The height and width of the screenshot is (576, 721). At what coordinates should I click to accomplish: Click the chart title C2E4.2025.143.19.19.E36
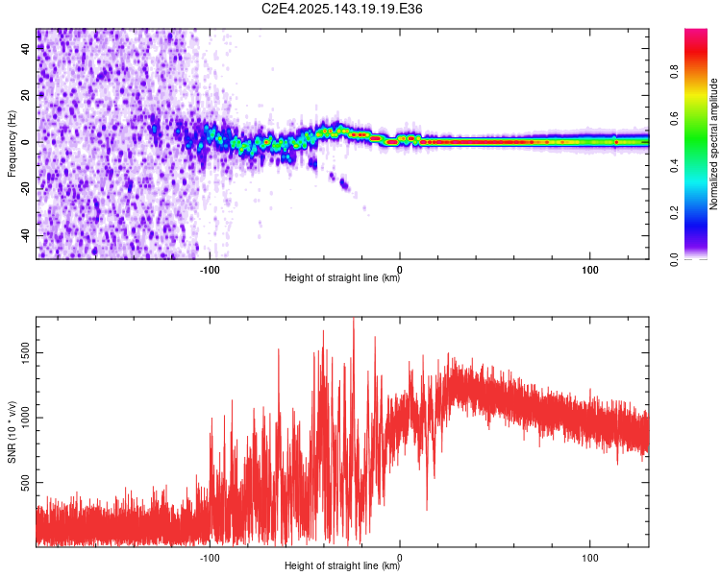point(341,9)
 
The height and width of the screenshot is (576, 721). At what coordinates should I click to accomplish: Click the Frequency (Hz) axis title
point(12,144)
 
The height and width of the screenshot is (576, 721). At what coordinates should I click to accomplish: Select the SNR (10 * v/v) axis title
point(12,432)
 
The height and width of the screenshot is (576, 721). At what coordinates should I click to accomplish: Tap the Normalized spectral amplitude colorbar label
point(713,144)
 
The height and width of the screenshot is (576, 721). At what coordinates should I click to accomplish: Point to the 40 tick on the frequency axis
point(26,48)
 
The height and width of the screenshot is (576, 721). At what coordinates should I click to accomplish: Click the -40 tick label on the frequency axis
point(26,236)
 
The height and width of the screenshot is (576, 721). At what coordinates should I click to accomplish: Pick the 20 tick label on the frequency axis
point(26,95)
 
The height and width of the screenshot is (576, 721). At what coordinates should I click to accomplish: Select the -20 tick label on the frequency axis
point(26,189)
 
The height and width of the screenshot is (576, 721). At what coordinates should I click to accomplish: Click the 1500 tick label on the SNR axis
point(26,352)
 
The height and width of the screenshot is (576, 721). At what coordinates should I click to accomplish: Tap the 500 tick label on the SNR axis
point(26,482)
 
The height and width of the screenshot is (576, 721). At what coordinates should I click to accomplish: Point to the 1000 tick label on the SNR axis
point(26,418)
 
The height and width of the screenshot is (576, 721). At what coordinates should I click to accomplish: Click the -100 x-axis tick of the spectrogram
point(210,270)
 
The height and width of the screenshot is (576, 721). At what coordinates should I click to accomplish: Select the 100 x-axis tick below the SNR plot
point(590,558)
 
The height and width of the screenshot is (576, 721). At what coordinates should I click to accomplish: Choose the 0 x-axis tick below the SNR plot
point(400,558)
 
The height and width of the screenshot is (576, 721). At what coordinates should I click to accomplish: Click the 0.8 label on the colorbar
point(674,72)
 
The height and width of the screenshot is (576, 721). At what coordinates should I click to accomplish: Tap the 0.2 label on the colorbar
point(674,212)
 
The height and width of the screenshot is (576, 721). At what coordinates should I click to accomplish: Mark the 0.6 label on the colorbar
point(674,118)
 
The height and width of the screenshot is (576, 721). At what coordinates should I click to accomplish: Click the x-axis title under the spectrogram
point(342,277)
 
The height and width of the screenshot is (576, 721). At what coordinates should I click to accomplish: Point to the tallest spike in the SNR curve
point(353,319)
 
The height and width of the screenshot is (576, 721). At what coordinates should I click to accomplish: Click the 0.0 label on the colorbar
point(674,259)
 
